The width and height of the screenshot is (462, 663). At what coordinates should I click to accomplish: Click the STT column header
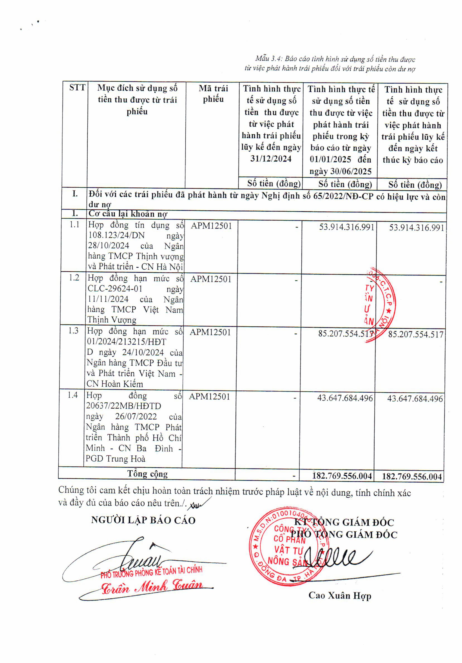77,88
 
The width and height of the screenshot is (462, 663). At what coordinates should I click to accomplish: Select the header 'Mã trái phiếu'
213,94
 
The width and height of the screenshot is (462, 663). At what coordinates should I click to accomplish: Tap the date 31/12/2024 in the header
271,159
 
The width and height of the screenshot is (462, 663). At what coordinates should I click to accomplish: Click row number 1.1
75,224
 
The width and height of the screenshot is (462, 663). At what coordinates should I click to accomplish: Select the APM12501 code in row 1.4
209,396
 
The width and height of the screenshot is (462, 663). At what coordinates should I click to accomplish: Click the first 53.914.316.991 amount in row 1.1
346,227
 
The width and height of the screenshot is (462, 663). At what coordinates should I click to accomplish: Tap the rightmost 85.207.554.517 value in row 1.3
416,334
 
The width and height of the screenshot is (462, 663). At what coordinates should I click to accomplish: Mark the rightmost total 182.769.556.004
412,476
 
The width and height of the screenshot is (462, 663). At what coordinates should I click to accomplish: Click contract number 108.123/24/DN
116,235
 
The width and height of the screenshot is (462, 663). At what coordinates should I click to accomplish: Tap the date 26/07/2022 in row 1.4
136,416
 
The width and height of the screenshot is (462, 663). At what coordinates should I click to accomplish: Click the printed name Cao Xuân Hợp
340,596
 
